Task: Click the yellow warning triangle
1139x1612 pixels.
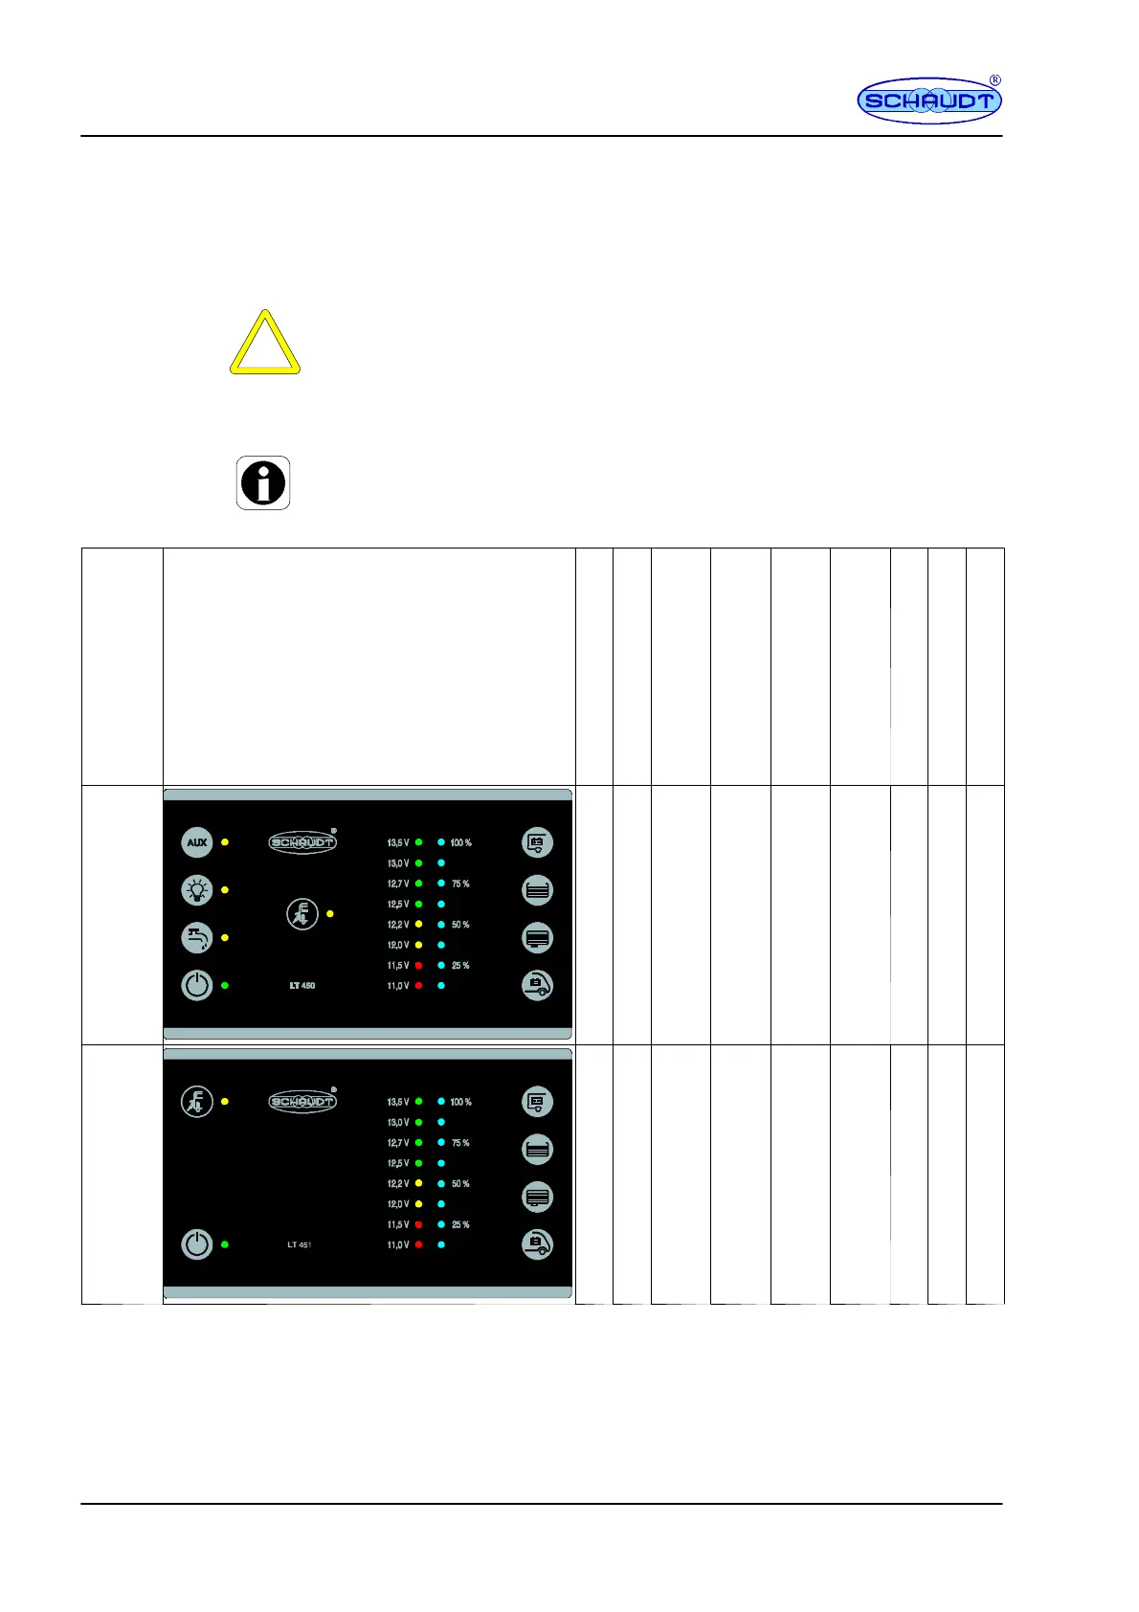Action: [265, 345]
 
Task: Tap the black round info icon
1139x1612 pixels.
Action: [263, 482]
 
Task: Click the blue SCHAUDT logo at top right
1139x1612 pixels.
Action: [928, 101]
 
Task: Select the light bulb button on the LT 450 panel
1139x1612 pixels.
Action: [197, 890]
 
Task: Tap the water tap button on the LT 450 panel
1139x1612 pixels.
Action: [197, 937]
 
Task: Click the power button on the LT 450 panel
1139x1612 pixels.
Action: [197, 985]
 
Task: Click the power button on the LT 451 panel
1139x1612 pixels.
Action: [197, 1244]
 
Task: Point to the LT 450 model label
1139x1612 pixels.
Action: [302, 986]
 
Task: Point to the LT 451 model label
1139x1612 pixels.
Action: [300, 1245]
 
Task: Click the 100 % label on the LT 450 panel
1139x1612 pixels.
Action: [460, 843]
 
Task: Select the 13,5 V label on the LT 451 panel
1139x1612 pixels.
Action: [398, 1103]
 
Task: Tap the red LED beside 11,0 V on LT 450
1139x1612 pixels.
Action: [418, 986]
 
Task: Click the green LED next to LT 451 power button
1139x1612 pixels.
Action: [225, 1244]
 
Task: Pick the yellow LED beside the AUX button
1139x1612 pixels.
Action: [225, 842]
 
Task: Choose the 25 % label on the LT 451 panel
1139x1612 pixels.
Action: [460, 1225]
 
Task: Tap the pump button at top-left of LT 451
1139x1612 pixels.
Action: [197, 1102]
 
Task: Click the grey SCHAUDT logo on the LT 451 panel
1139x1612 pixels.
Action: [302, 1101]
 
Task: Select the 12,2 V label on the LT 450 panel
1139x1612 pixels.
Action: [398, 925]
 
